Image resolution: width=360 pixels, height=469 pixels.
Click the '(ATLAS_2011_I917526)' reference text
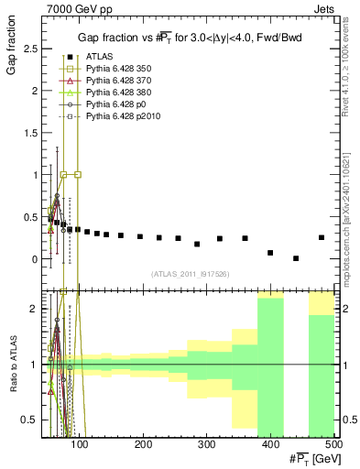189,273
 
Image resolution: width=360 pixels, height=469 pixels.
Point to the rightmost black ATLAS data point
322,237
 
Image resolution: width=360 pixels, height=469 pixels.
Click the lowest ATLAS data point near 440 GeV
296,258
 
